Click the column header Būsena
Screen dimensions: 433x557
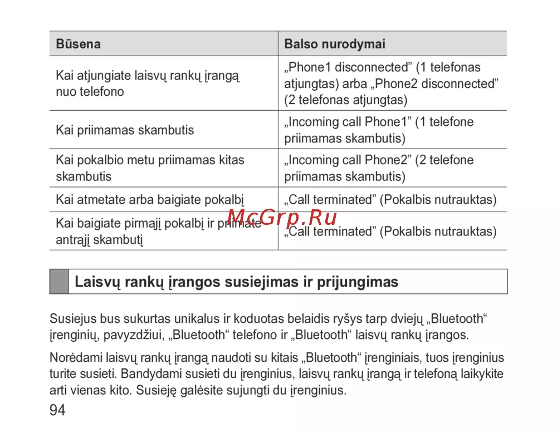pyautogui.click(x=78, y=44)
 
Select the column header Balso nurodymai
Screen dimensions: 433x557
pyautogui.click(x=335, y=44)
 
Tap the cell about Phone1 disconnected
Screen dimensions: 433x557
pyautogui.click(x=391, y=83)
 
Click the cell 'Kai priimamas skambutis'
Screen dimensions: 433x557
pyautogui.click(x=125, y=130)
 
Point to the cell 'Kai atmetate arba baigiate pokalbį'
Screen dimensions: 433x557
pyautogui.click(x=150, y=199)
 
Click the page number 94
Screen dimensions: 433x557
pyautogui.click(x=57, y=411)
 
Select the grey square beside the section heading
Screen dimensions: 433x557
pyautogui.click(x=58, y=282)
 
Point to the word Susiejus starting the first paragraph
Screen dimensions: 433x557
pyautogui.click(x=73, y=319)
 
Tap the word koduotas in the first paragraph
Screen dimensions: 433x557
pyautogui.click(x=258, y=319)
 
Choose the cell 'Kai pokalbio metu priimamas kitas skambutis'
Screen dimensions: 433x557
pyautogui.click(x=150, y=168)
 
